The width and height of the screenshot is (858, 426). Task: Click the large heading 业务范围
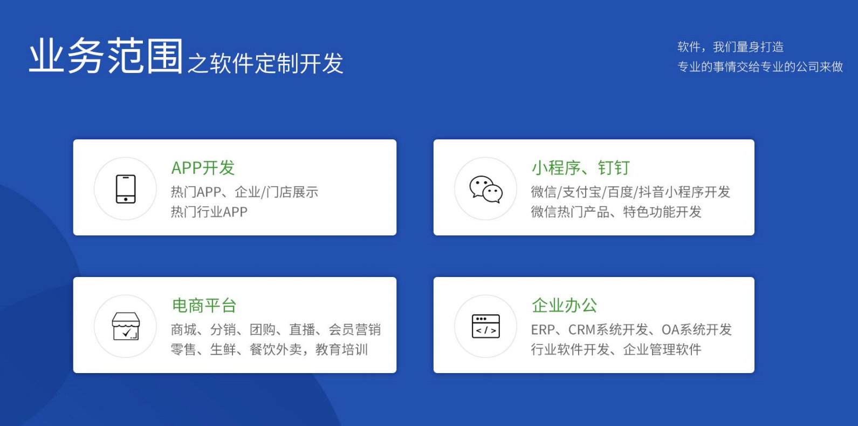pos(106,56)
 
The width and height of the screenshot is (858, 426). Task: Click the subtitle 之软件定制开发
pos(265,63)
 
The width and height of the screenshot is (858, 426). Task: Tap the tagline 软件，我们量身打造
pos(730,47)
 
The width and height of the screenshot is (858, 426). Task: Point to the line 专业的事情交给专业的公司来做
pos(760,67)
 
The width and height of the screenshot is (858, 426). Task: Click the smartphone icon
pos(126,188)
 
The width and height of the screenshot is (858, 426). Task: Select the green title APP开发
pos(203,168)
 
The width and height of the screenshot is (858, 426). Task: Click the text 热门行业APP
pos(209,212)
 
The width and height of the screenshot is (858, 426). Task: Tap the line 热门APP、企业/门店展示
pos(244,192)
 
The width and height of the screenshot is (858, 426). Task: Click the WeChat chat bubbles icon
pos(486,189)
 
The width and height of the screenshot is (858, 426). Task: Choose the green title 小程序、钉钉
pos(581,168)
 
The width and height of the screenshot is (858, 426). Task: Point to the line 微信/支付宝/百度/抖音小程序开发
pos(630,192)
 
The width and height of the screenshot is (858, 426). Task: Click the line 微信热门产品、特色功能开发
pos(616,212)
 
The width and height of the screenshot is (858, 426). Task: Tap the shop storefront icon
pos(126,326)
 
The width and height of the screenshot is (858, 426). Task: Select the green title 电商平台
pos(204,306)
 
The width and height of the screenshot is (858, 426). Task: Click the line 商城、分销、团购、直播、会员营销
pos(276,329)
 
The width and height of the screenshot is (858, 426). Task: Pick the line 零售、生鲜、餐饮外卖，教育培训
pos(269,349)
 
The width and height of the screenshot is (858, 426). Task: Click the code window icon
pos(486,326)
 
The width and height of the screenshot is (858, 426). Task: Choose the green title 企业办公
pos(564,306)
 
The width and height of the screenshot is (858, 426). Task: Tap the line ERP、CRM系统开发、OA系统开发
pos(632,329)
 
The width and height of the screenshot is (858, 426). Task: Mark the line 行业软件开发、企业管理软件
pos(616,349)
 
